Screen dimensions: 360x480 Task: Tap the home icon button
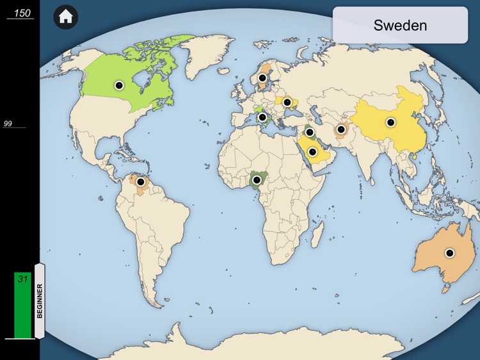point(65,17)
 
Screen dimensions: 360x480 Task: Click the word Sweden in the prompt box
point(400,26)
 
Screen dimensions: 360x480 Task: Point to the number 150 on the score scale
point(22,13)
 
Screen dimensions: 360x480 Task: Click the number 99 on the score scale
point(8,124)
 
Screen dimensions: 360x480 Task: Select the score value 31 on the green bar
point(23,279)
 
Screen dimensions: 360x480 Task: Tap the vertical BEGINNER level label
point(40,301)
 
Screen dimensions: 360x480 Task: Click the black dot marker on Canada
point(118,85)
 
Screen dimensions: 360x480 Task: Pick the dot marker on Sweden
point(262,78)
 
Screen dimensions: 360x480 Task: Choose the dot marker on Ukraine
point(287,101)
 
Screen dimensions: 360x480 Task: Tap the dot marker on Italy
point(262,117)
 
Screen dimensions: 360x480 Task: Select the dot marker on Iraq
point(310,133)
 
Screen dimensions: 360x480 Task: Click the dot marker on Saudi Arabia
point(312,152)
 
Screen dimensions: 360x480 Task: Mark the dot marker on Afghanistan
point(341,130)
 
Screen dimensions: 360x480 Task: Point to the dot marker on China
point(390,122)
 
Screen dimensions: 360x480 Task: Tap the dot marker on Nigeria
point(257,180)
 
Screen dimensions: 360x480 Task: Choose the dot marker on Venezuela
point(141,181)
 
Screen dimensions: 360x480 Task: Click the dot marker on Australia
point(449,253)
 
